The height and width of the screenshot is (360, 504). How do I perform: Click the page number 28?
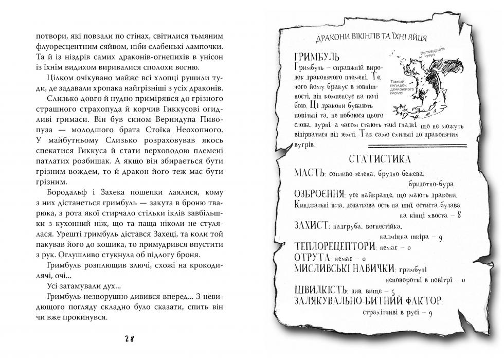[129, 338]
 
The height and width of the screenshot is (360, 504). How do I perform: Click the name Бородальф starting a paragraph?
[56, 191]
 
